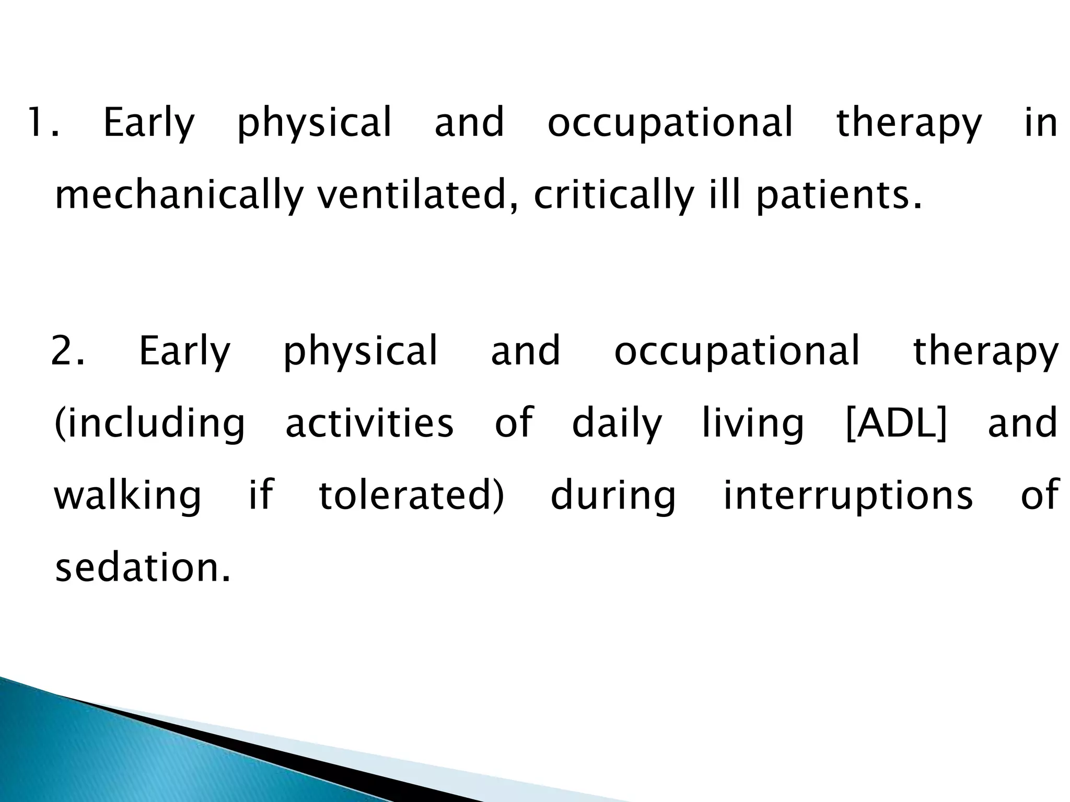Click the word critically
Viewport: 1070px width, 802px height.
(x=614, y=195)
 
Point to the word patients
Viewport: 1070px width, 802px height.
(x=838, y=195)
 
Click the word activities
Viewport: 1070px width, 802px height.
(x=369, y=422)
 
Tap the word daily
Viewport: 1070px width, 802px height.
(x=617, y=423)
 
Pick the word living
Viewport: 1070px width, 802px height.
(x=752, y=423)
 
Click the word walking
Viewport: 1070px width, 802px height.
(x=127, y=496)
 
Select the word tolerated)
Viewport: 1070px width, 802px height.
(x=412, y=494)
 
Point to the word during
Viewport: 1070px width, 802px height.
(x=613, y=496)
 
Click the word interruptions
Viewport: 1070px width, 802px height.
(x=847, y=496)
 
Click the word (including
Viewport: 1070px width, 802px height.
(x=149, y=423)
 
